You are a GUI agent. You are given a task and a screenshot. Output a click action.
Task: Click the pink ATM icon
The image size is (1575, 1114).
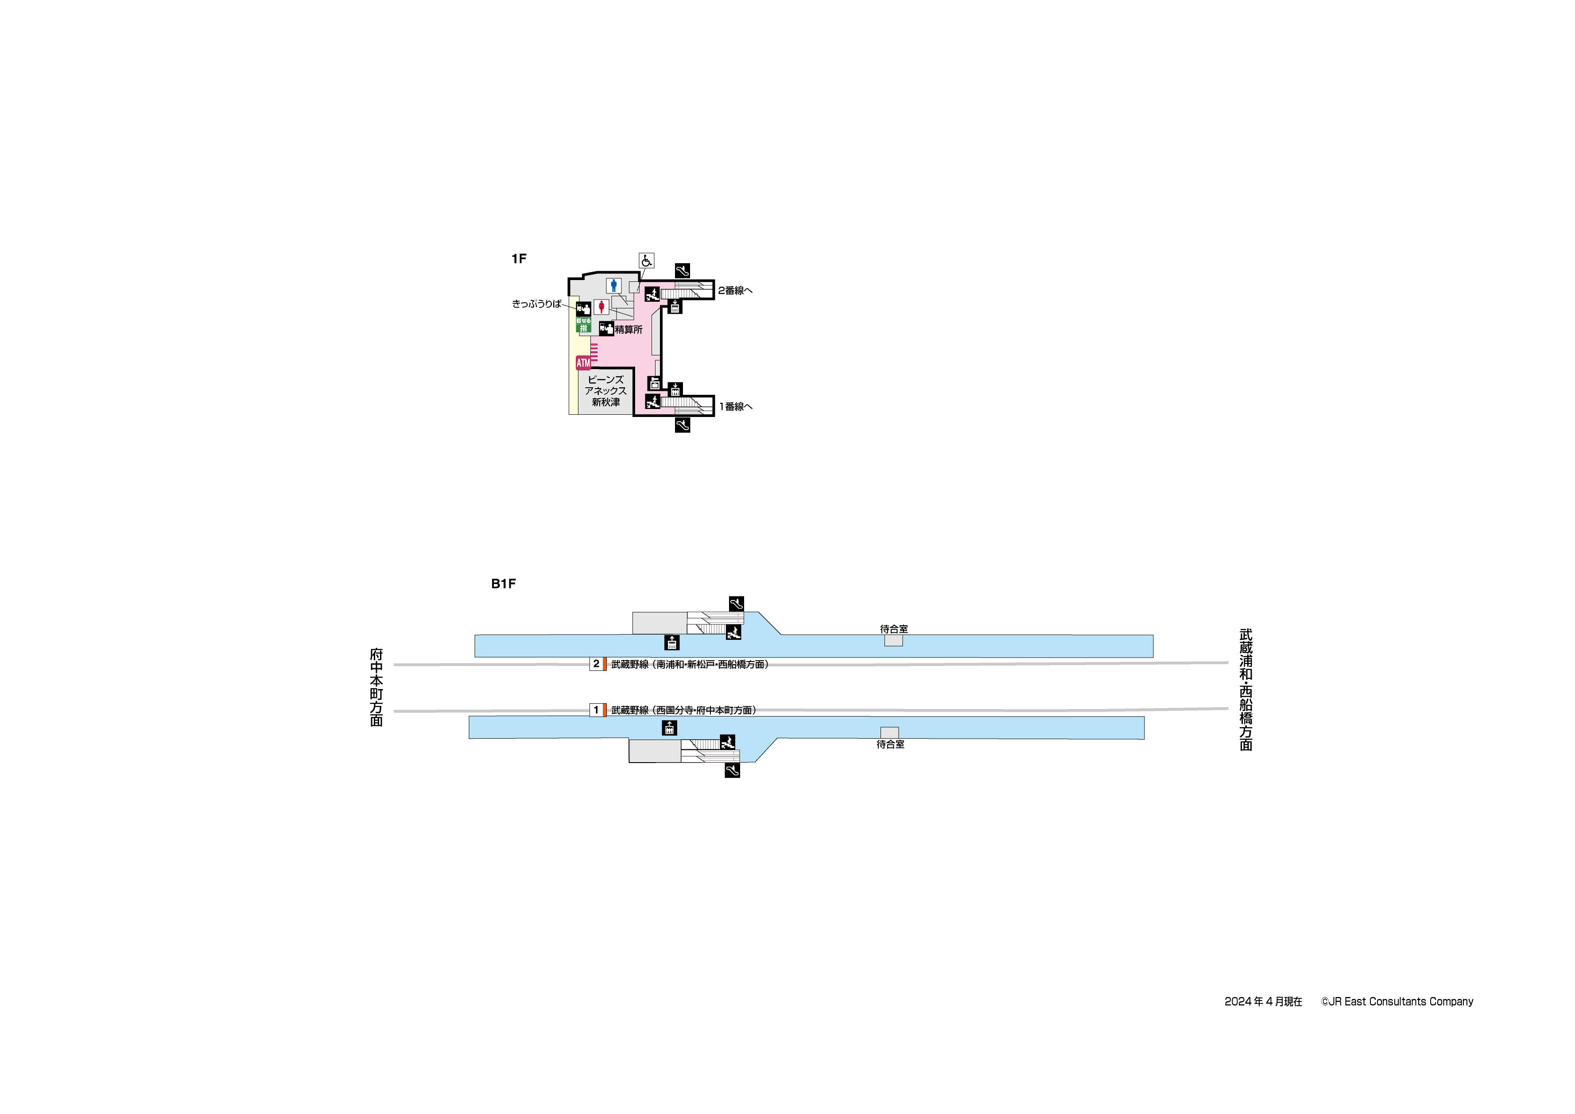[583, 362]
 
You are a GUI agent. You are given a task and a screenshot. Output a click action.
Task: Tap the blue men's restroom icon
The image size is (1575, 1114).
[613, 285]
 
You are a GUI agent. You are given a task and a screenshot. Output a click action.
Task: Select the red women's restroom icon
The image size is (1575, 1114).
[601, 307]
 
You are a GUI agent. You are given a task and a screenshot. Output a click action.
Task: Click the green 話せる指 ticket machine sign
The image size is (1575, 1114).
[583, 325]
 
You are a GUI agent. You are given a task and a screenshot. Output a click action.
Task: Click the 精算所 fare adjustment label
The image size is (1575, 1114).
[628, 330]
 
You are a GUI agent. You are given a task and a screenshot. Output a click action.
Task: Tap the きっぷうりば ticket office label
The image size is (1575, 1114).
[536, 304]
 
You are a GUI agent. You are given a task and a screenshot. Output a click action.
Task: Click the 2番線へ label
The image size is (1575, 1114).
[735, 290]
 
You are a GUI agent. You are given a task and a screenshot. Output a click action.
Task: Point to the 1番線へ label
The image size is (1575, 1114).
[735, 406]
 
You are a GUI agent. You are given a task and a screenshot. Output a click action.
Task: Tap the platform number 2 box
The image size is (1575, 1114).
[596, 664]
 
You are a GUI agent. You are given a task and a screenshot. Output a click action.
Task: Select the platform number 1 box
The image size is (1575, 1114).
[596, 710]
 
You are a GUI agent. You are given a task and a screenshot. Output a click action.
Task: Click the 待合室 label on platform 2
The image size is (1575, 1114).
[894, 629]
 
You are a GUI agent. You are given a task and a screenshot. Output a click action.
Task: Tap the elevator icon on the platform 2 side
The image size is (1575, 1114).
[671, 643]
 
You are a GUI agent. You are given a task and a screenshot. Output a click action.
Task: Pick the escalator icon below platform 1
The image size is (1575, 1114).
[732, 770]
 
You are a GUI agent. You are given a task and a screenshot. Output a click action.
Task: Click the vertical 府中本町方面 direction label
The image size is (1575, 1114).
[376, 686]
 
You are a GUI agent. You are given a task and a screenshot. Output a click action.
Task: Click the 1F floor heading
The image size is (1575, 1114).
[519, 259]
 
